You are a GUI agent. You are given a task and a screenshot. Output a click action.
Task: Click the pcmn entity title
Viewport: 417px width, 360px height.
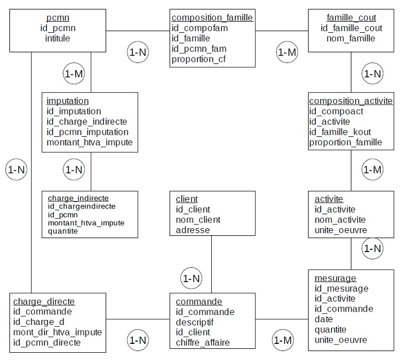58,17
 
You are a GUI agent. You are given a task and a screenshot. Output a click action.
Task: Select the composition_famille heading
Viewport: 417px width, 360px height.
212,18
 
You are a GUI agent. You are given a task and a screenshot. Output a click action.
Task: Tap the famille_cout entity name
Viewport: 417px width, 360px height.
351,17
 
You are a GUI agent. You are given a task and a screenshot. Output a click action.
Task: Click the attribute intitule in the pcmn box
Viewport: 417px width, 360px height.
58,38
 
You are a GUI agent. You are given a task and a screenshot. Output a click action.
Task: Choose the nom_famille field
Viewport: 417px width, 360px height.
351,38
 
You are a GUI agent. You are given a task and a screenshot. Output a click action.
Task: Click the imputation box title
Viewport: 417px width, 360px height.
68,101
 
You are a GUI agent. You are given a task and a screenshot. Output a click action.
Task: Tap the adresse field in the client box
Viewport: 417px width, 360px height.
193,230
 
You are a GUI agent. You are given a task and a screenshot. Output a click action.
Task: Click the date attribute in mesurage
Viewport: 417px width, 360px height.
324,319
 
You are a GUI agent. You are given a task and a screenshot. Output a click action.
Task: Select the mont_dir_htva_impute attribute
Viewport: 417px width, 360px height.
57,332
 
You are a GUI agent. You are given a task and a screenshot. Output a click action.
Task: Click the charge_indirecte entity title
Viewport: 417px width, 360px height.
78,198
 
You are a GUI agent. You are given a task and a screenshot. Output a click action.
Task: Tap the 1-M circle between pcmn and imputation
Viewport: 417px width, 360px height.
74,73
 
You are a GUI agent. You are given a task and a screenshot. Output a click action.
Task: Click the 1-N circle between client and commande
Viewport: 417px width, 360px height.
191,277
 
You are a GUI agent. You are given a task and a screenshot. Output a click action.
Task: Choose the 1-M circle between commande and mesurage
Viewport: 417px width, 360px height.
282,339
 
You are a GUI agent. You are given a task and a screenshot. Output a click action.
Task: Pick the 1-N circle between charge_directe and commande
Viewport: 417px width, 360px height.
138,339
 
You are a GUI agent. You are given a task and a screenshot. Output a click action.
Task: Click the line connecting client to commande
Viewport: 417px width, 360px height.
212,256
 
